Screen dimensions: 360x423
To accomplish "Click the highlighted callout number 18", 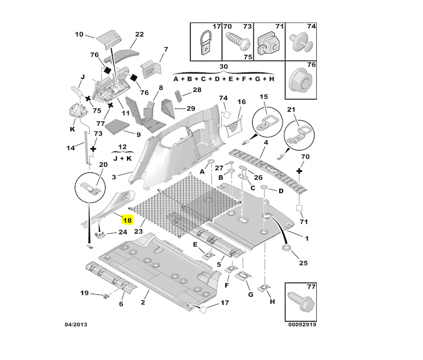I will tap(127, 221).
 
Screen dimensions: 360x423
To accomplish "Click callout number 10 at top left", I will tap(79, 34).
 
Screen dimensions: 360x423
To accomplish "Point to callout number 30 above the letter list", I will tap(224, 67).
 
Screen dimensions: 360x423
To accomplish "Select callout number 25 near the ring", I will tap(304, 263).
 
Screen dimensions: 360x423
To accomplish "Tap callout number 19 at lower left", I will tap(84, 293).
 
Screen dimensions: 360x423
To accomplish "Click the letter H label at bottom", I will tap(272, 302).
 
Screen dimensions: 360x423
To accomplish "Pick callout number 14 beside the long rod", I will tap(71, 148).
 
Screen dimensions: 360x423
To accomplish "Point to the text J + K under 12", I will tap(121, 158).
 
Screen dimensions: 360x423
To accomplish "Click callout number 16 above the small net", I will tap(242, 102).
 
